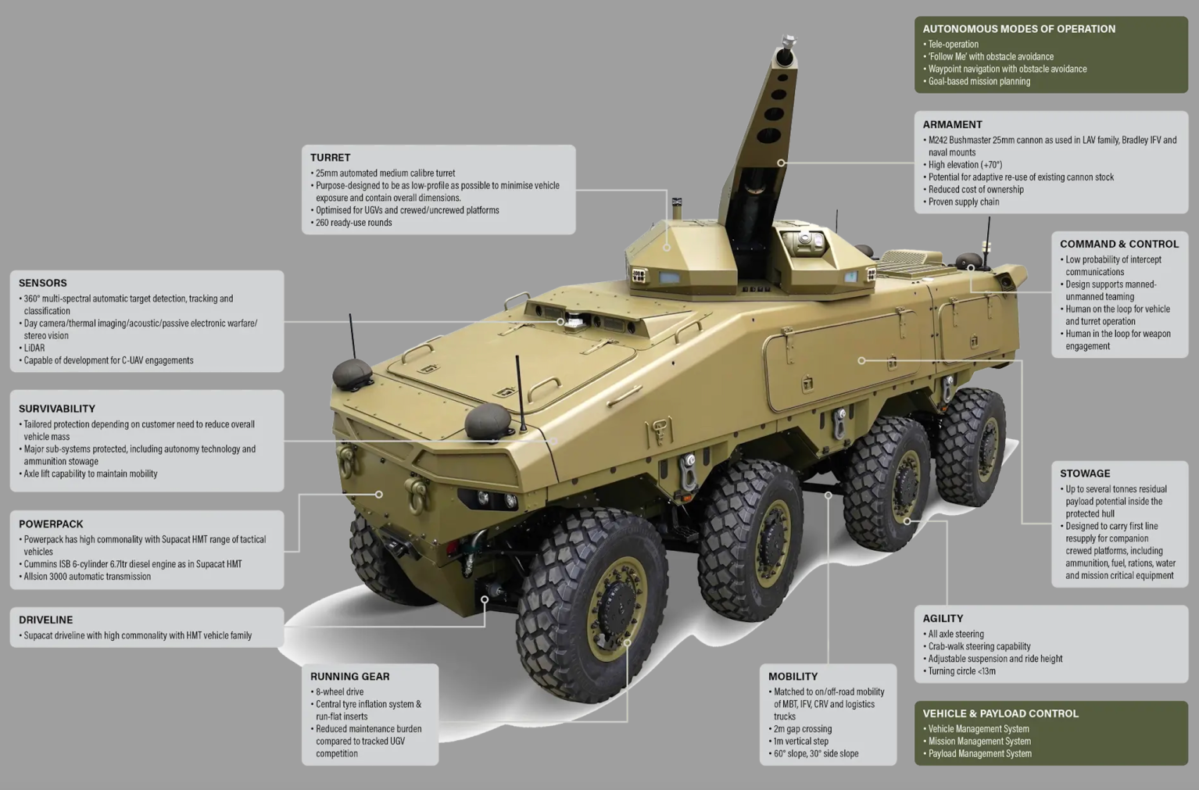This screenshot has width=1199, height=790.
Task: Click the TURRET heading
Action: [330, 158]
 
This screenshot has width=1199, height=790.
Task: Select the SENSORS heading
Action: [43, 283]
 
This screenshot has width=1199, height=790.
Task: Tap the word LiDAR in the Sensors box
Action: [34, 348]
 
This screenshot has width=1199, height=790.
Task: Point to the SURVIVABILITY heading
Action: [57, 409]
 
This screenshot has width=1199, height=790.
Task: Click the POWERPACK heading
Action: [51, 524]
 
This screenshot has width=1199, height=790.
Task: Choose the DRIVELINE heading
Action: [45, 620]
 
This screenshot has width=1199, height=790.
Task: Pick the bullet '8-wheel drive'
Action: [339, 692]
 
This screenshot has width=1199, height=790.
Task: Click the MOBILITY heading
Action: [793, 677]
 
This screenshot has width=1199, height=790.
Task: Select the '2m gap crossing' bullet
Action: [803, 729]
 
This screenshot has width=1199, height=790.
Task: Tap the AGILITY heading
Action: [943, 618]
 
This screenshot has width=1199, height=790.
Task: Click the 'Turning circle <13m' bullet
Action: [961, 671]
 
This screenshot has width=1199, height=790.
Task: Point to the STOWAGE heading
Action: [1085, 474]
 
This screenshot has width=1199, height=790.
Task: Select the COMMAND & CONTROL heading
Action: [1118, 244]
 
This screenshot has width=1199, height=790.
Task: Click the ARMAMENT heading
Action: [952, 124]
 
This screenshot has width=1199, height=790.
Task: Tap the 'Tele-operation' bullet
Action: [953, 45]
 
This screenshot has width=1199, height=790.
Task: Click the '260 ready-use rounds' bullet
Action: [353, 223]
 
